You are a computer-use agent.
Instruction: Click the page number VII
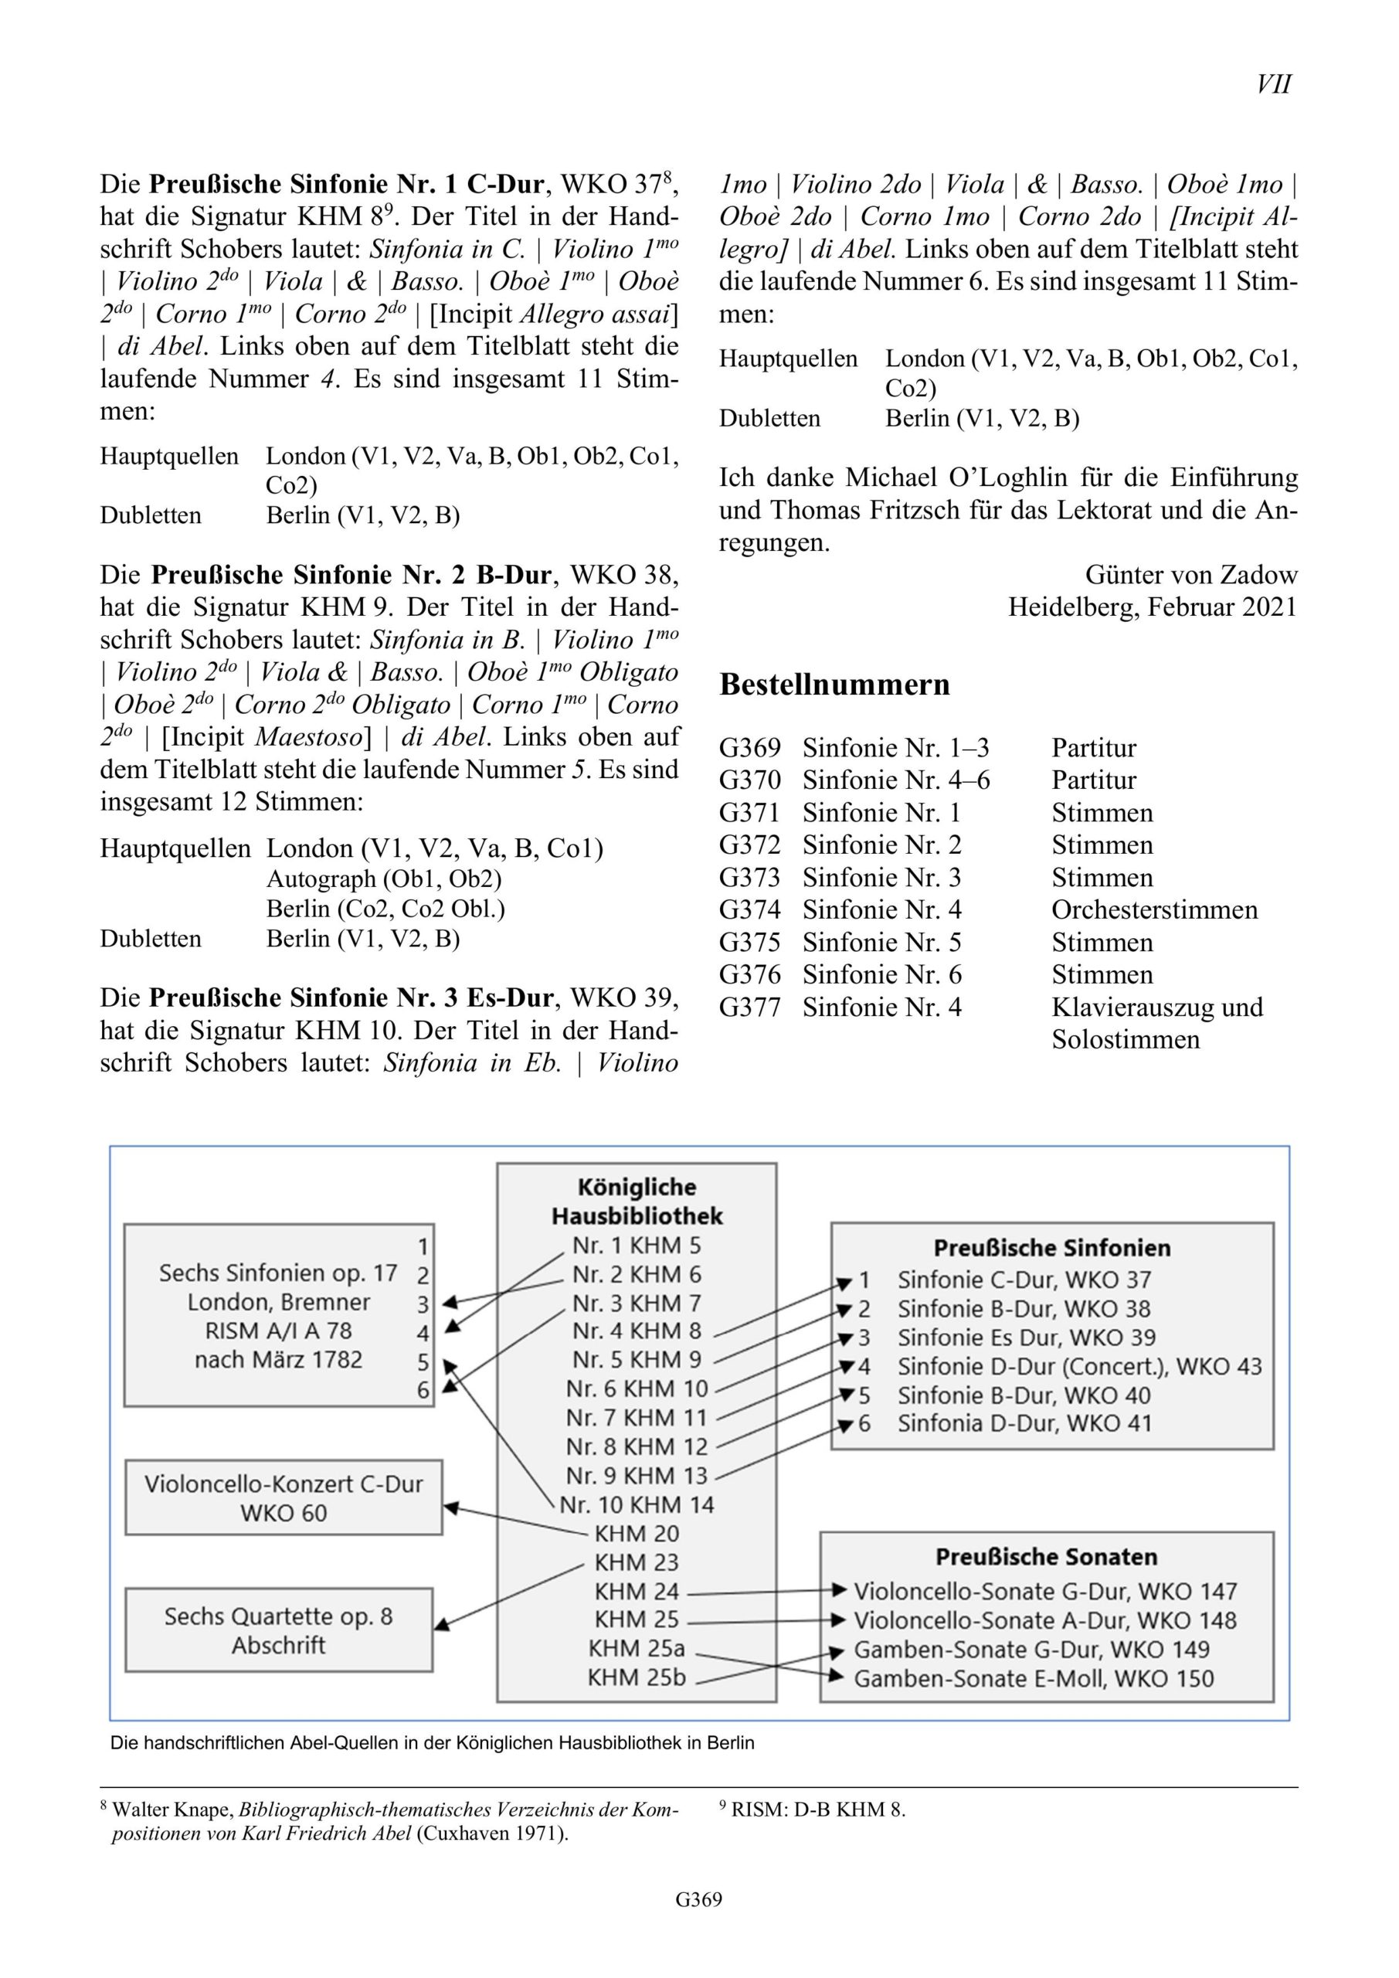[1273, 84]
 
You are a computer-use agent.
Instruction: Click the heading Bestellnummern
[834, 684]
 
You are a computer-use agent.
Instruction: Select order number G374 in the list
[749, 909]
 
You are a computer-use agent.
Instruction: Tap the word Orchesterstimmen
[1153, 909]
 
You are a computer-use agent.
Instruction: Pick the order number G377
[749, 1007]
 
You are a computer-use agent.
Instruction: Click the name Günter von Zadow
[1190, 575]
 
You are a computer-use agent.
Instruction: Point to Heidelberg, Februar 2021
[1152, 607]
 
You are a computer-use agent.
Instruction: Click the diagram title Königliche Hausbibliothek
[637, 1201]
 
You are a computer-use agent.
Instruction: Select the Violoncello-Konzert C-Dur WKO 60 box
[284, 1497]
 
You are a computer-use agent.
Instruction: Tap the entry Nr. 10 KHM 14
[637, 1504]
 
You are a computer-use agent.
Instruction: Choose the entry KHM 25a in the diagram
[637, 1648]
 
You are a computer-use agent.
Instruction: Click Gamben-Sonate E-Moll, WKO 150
[1033, 1678]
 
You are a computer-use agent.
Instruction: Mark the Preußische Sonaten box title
[1046, 1557]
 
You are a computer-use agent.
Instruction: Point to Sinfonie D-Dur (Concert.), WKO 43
[1078, 1366]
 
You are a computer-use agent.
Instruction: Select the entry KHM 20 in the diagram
[637, 1534]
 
